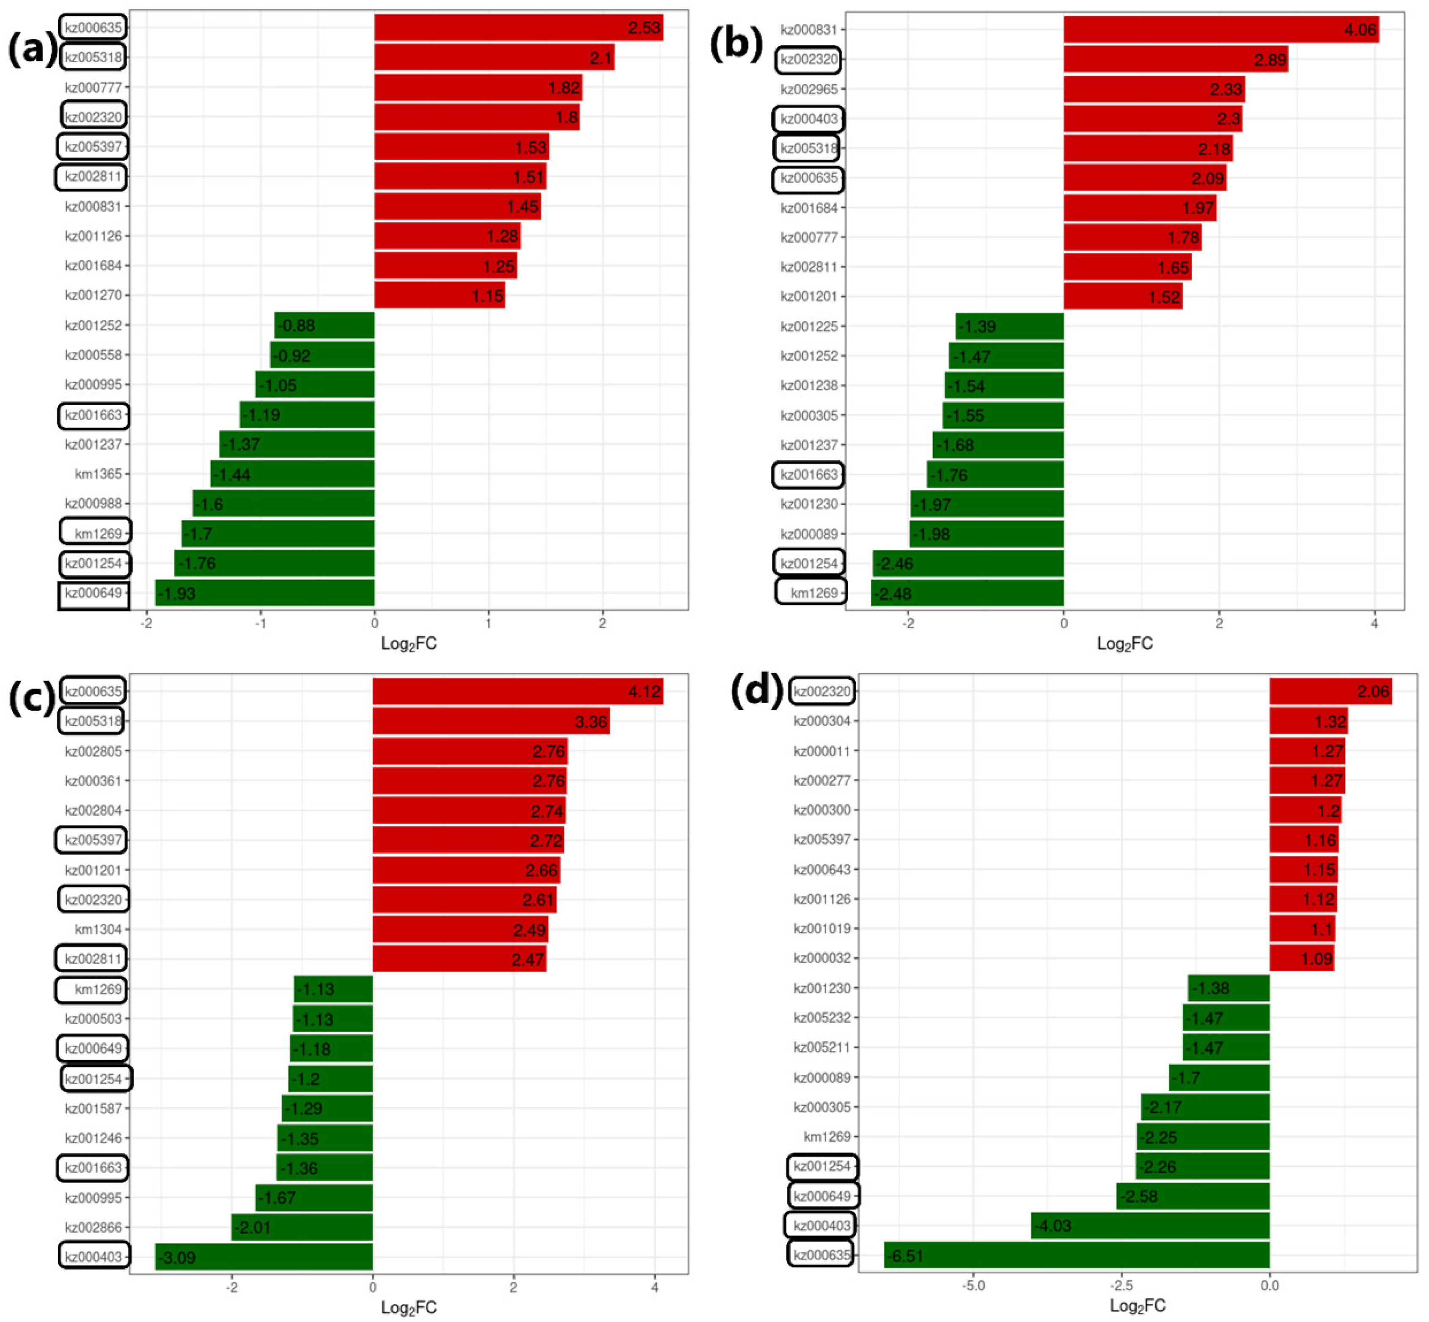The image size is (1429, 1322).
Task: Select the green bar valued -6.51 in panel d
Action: [1076, 1255]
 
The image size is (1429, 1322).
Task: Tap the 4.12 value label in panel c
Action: [644, 692]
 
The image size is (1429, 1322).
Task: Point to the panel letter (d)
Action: [756, 692]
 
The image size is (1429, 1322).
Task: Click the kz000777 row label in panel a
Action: [93, 87]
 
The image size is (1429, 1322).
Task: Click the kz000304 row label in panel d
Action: [822, 721]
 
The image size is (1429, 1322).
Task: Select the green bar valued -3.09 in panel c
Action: [264, 1257]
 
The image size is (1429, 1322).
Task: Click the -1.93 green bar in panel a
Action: [265, 593]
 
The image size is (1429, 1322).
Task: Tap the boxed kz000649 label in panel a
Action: [93, 593]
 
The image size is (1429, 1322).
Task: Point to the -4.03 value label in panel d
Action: [1052, 1226]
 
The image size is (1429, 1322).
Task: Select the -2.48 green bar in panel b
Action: [967, 593]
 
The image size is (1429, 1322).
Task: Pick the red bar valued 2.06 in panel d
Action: [1330, 692]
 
